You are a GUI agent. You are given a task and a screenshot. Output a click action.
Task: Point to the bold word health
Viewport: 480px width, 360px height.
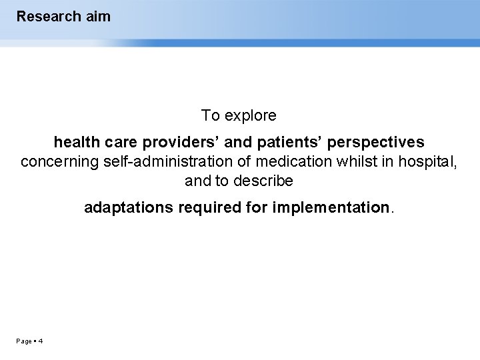75,143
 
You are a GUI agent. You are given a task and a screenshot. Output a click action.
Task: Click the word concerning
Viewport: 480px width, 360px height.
59,162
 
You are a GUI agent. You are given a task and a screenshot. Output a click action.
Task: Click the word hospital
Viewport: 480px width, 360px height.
427,162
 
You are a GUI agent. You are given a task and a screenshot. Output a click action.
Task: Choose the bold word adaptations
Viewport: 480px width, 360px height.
127,208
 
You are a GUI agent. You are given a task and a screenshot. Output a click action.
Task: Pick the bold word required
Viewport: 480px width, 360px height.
209,208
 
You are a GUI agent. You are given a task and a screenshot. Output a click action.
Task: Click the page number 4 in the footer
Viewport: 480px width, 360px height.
41,341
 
